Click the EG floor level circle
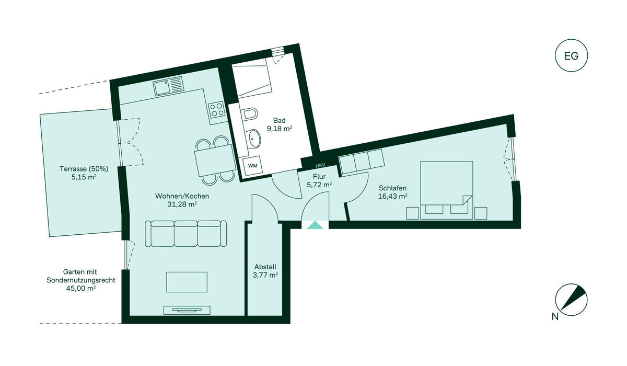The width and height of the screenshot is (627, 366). coord(571,56)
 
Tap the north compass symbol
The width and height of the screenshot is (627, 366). coord(571,300)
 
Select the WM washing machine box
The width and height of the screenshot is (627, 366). coord(252,166)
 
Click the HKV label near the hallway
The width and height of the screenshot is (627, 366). coord(320,166)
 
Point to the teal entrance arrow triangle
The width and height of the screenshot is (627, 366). coord(315,225)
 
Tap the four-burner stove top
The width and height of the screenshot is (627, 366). coord(216,109)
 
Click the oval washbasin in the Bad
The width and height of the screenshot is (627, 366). coord(254,138)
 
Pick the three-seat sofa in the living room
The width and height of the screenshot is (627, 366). coord(186,234)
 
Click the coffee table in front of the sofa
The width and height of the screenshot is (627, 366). coord(187,282)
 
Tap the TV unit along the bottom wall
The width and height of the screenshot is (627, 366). coord(187,310)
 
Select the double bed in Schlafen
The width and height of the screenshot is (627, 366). coord(446,190)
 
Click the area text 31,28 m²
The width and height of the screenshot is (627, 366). coord(182,204)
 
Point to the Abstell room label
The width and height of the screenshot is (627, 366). coord(265,267)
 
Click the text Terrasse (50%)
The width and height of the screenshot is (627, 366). coord(84,169)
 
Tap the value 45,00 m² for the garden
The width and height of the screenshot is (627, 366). coord(81,289)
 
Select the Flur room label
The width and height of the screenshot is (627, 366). coord(319,177)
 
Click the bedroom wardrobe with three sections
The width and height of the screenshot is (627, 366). coord(361,161)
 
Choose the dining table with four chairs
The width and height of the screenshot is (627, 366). coord(215,161)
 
